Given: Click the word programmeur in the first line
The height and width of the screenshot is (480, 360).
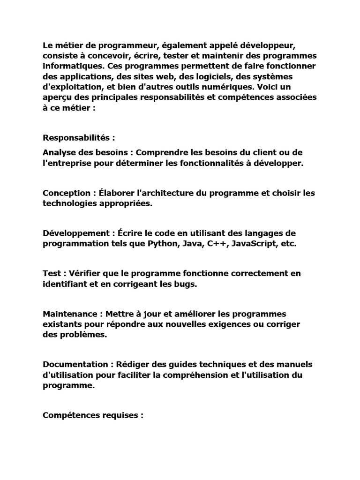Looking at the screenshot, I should pos(118,46).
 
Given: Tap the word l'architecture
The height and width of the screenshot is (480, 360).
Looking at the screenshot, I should pos(151,193).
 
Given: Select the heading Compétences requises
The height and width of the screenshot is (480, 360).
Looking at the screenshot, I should pos(93,415).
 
